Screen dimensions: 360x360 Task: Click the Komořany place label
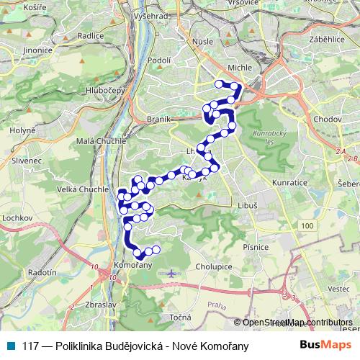click(x=132, y=266)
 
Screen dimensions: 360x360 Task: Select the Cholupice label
click(x=214, y=266)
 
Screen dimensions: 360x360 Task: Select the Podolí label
click(x=158, y=60)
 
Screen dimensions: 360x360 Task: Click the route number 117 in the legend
click(x=31, y=346)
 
